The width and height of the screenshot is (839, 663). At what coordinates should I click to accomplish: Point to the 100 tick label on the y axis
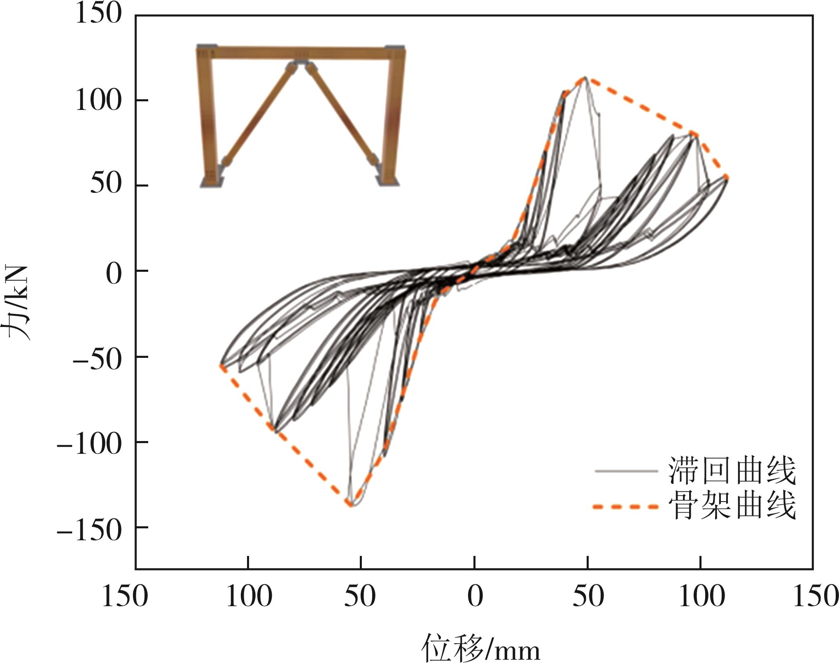click(x=99, y=100)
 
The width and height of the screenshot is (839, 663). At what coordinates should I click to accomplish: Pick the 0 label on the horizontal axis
click(x=475, y=597)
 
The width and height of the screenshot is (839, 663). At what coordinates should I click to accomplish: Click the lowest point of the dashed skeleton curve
click(x=350, y=504)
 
